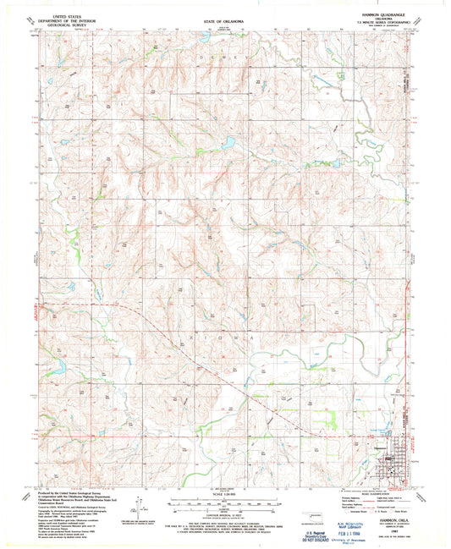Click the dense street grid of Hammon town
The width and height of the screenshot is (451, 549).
[x=390, y=460]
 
